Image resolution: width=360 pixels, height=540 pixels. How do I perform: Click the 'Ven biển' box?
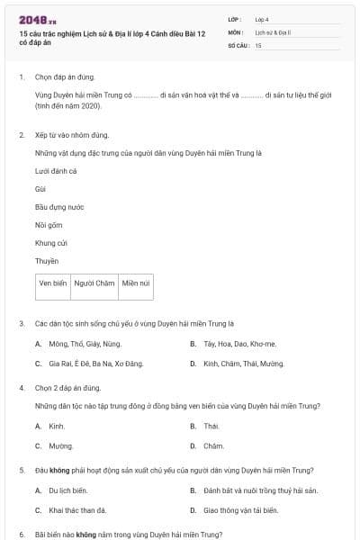53,283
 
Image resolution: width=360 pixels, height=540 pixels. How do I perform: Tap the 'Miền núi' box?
137,283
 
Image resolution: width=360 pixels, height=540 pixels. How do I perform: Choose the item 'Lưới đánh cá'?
56,171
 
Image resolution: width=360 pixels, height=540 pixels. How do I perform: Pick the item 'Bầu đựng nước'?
59,207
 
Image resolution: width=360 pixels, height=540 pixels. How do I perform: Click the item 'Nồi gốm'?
49,225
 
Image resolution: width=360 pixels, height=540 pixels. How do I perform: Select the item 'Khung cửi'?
51,243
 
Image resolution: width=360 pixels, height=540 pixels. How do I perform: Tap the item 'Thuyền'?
47,261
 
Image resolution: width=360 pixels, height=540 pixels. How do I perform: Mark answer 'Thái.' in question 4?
211,426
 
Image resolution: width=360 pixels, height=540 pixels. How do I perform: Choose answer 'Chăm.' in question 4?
213,445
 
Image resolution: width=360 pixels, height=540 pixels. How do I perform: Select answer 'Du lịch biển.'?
67,490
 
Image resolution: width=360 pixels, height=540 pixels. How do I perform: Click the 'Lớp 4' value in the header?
262,18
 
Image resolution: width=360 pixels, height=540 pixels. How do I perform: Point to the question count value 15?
258,44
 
